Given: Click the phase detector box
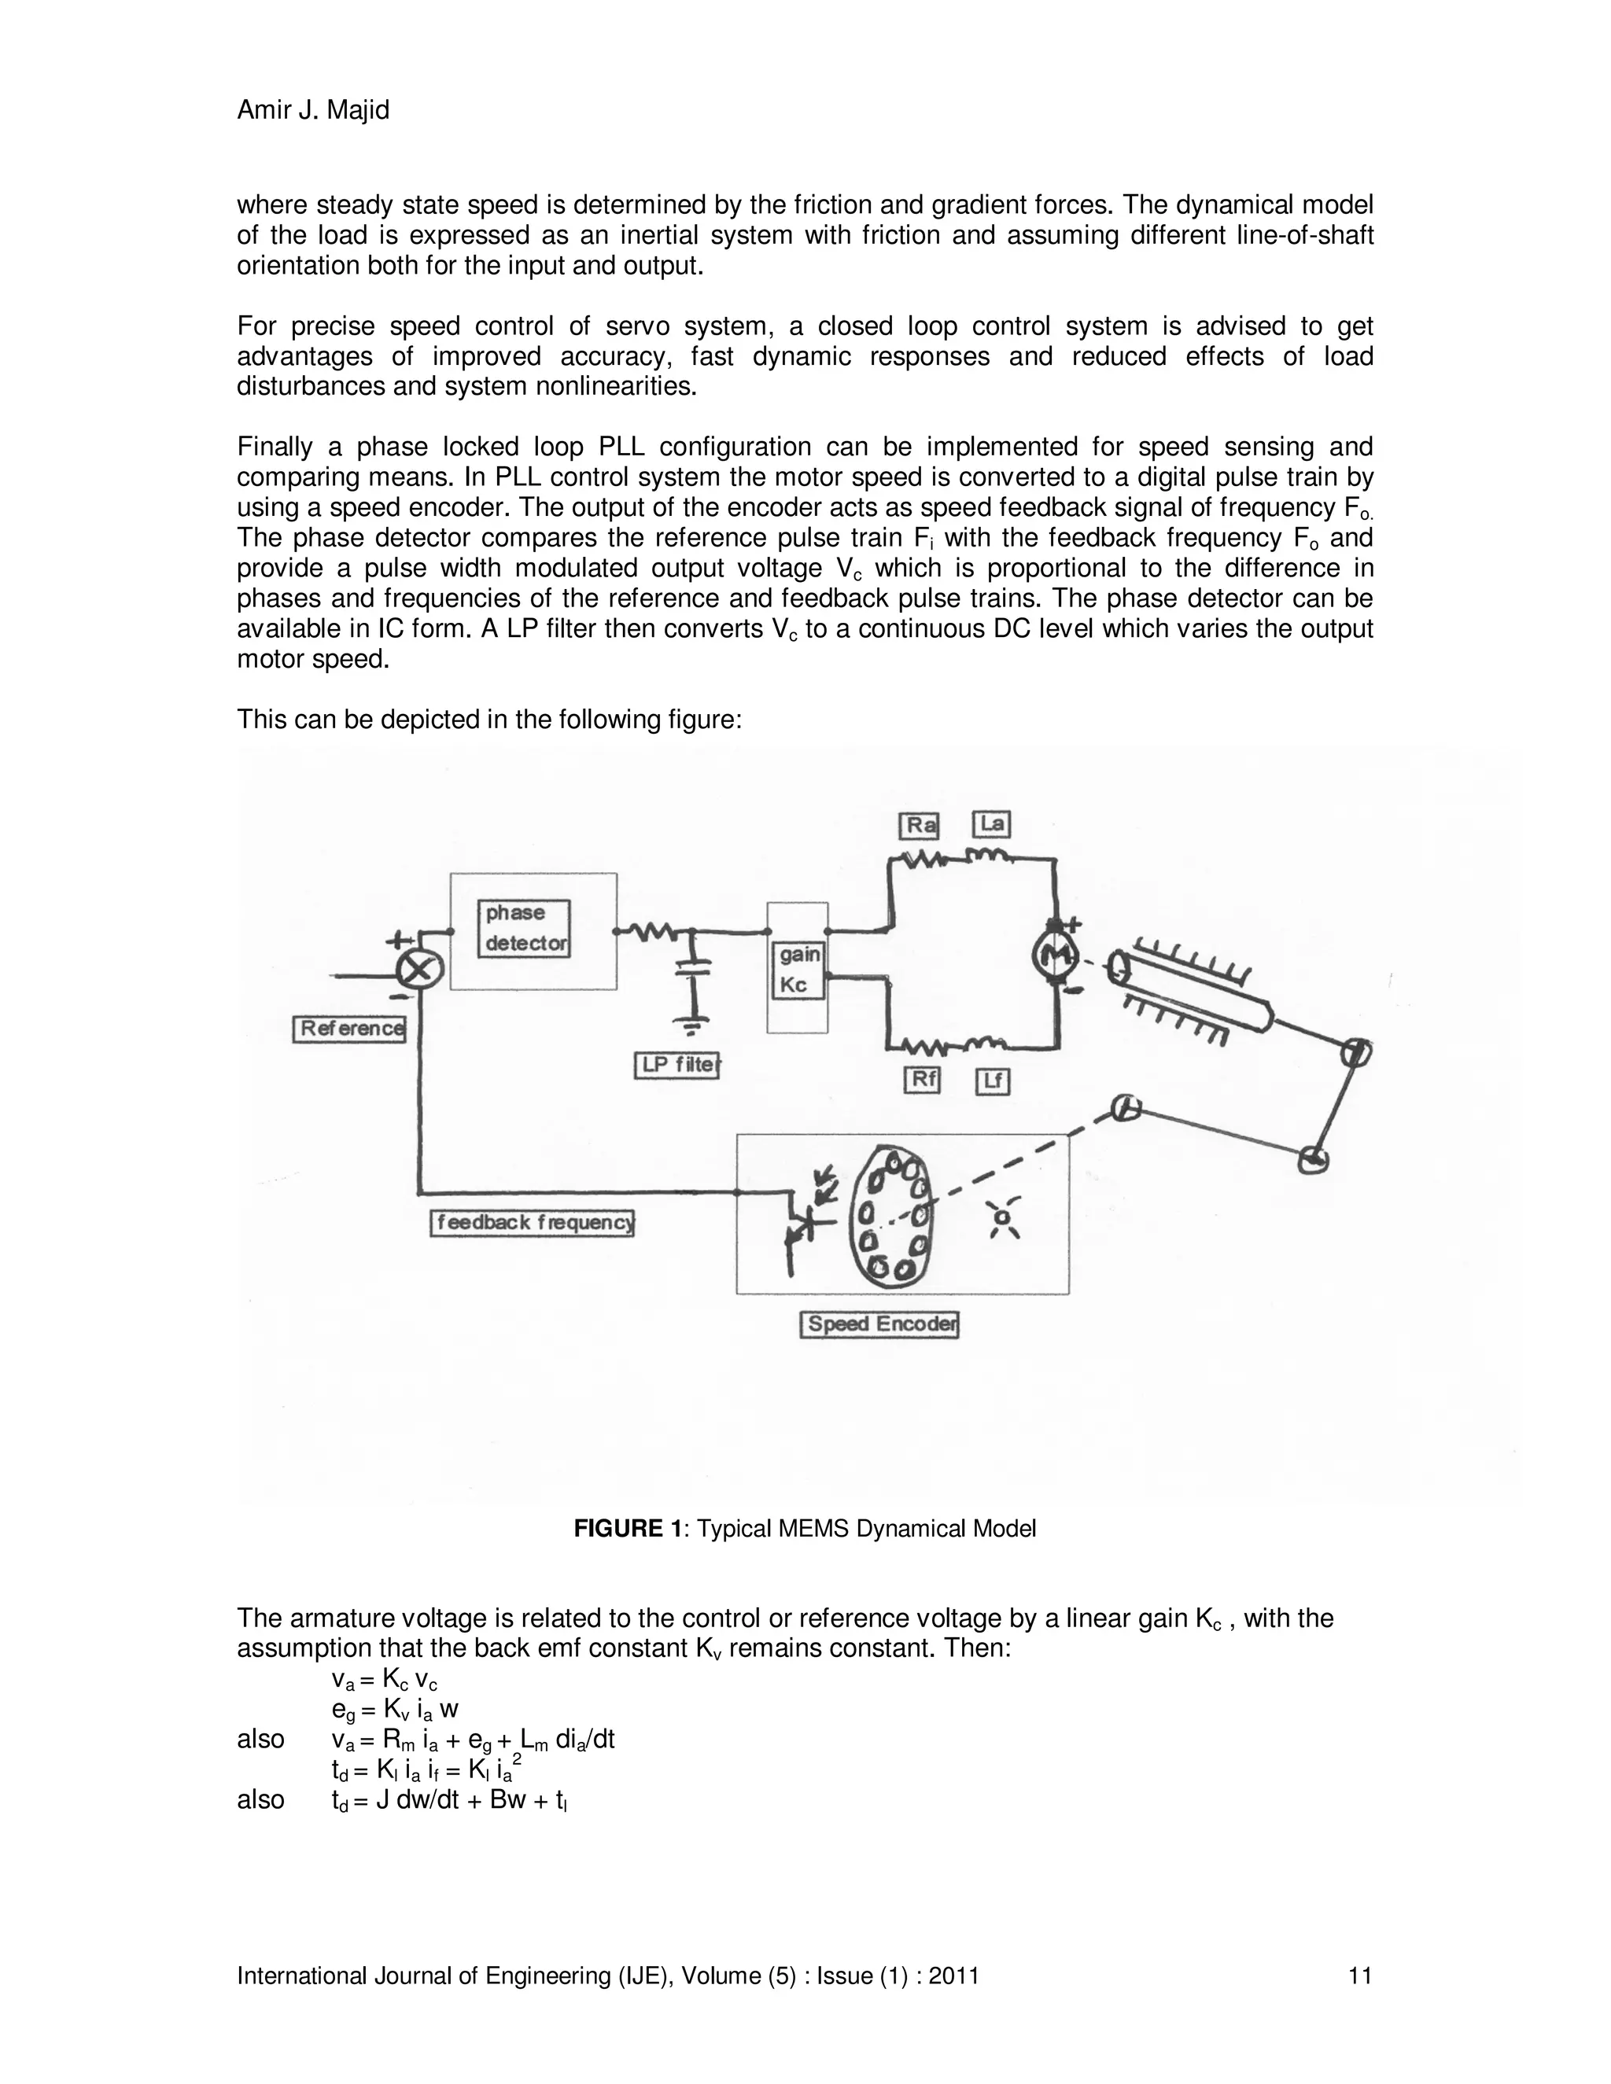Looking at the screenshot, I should pyautogui.click(x=524, y=929).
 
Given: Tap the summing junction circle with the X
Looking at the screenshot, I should pyautogui.click(x=419, y=972).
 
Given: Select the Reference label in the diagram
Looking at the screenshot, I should pyautogui.click(x=349, y=1029).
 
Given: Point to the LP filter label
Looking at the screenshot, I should pyautogui.click(x=676, y=1065).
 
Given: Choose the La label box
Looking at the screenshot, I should pyautogui.click(x=992, y=824).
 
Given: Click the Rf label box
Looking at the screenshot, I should pyautogui.click(x=922, y=1081).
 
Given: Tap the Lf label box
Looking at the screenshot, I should pyautogui.click(x=993, y=1082).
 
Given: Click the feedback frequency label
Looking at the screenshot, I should pyautogui.click(x=533, y=1224).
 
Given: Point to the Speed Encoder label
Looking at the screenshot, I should pyautogui.click(x=879, y=1324).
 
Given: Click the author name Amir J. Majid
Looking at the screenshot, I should pyautogui.click(x=313, y=111).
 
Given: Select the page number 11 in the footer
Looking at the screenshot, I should pyautogui.click(x=1360, y=1975).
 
